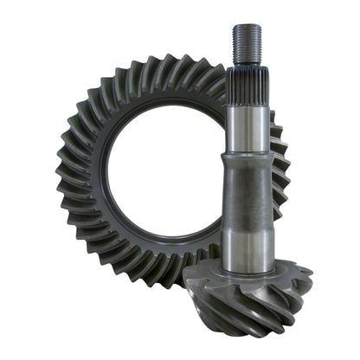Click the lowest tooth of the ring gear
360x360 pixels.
[x=151, y=286]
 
